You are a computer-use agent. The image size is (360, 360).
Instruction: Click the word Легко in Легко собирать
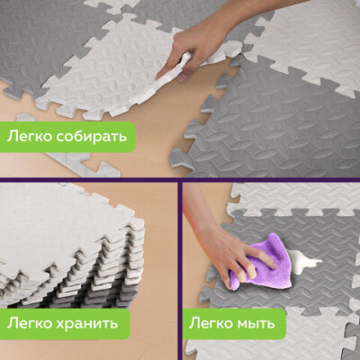(29, 137)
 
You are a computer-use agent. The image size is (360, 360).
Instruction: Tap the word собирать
(91, 137)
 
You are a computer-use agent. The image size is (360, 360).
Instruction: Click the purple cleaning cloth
(259, 261)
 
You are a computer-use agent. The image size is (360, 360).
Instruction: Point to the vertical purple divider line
(180, 270)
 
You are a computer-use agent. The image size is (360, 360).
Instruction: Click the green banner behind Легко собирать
(67, 137)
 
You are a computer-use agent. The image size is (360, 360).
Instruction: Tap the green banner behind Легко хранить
(65, 324)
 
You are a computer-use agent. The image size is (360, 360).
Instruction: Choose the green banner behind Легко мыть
(234, 324)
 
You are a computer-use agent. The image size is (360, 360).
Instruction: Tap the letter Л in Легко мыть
(193, 324)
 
